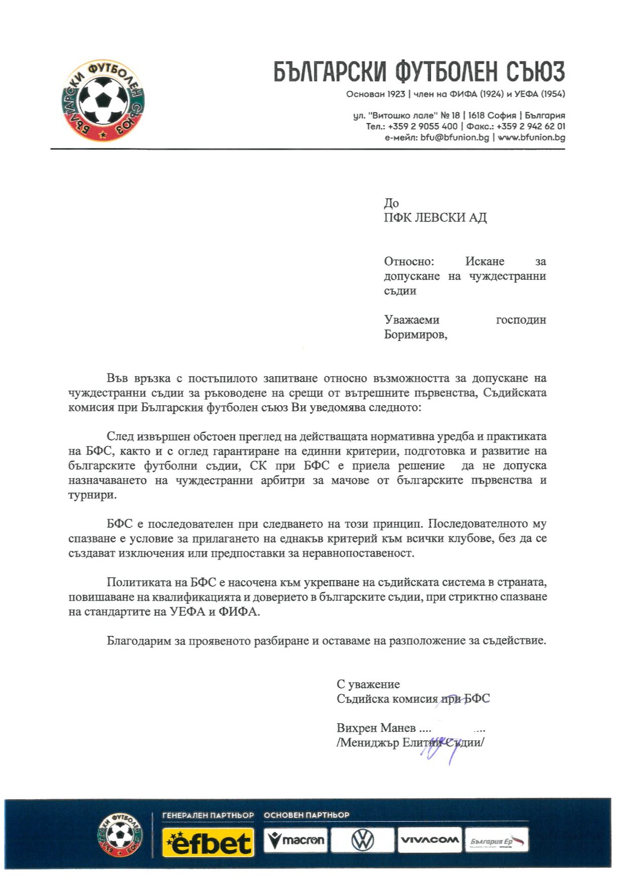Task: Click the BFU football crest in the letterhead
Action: pyautogui.click(x=103, y=100)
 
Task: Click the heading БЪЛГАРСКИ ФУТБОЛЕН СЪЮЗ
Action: pyautogui.click(x=419, y=72)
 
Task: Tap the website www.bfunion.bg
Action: pyautogui.click(x=532, y=137)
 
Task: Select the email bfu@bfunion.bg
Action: pyautogui.click(x=455, y=137)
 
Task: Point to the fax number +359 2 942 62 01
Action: pyautogui.click(x=531, y=126)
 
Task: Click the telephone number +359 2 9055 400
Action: pyautogui.click(x=423, y=126)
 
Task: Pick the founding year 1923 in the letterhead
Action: pyautogui.click(x=396, y=94)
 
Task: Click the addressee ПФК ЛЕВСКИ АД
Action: pyautogui.click(x=435, y=217)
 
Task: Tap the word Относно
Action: pyautogui.click(x=408, y=261)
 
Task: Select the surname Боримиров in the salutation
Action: pyautogui.click(x=415, y=335)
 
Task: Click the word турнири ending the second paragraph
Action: pyautogui.click(x=92, y=495)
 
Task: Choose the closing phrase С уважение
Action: pyautogui.click(x=368, y=684)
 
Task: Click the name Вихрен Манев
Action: pyautogui.click(x=376, y=728)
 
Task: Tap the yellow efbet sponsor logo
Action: pyautogui.click(x=208, y=842)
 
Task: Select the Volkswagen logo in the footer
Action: pyautogui.click(x=362, y=840)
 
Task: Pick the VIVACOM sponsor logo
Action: pyautogui.click(x=429, y=840)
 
